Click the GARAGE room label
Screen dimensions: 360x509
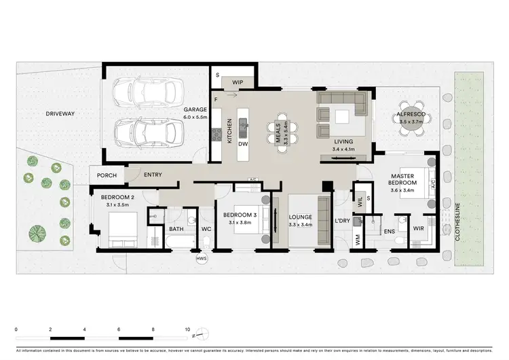click(195, 109)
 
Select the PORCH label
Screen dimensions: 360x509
click(107, 175)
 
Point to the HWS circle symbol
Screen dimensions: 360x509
click(201, 258)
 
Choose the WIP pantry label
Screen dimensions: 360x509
click(238, 82)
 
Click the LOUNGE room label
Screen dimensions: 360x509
click(300, 217)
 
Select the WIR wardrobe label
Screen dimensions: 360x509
click(418, 229)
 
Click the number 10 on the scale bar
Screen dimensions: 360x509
click(187, 329)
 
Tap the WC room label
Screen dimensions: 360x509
click(206, 229)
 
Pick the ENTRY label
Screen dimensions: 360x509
click(153, 175)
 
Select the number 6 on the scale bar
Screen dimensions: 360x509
click(119, 329)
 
